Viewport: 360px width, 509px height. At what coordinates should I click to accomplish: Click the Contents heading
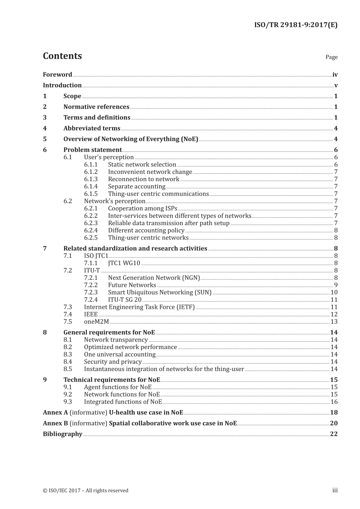(x=62, y=56)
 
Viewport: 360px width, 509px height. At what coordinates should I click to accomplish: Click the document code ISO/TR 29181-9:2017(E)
(x=296, y=25)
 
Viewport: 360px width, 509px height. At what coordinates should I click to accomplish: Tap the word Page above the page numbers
(x=331, y=57)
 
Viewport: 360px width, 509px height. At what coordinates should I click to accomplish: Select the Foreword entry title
(x=57, y=75)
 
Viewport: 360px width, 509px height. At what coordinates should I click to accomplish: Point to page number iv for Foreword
(x=335, y=75)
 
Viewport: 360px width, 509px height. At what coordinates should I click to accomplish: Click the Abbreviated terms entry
(x=92, y=128)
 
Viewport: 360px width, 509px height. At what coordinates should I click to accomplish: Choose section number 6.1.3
(x=91, y=179)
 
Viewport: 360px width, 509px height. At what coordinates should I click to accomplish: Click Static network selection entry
(x=142, y=164)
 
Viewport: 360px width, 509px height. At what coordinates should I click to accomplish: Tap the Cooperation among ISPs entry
(x=142, y=208)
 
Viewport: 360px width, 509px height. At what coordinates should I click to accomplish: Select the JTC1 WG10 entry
(x=124, y=263)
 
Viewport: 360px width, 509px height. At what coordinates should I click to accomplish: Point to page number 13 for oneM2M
(x=334, y=322)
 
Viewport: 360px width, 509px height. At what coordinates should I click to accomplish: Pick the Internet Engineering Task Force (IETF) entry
(x=139, y=307)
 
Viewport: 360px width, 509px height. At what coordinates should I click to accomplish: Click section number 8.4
(x=67, y=362)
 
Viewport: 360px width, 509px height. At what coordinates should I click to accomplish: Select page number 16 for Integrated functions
(x=334, y=402)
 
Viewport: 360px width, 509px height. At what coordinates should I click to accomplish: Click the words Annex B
(x=55, y=423)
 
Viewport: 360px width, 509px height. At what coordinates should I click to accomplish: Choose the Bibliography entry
(x=63, y=434)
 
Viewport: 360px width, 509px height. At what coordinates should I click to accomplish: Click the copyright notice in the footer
(x=86, y=490)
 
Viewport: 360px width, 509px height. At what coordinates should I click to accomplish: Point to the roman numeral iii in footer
(x=335, y=490)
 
